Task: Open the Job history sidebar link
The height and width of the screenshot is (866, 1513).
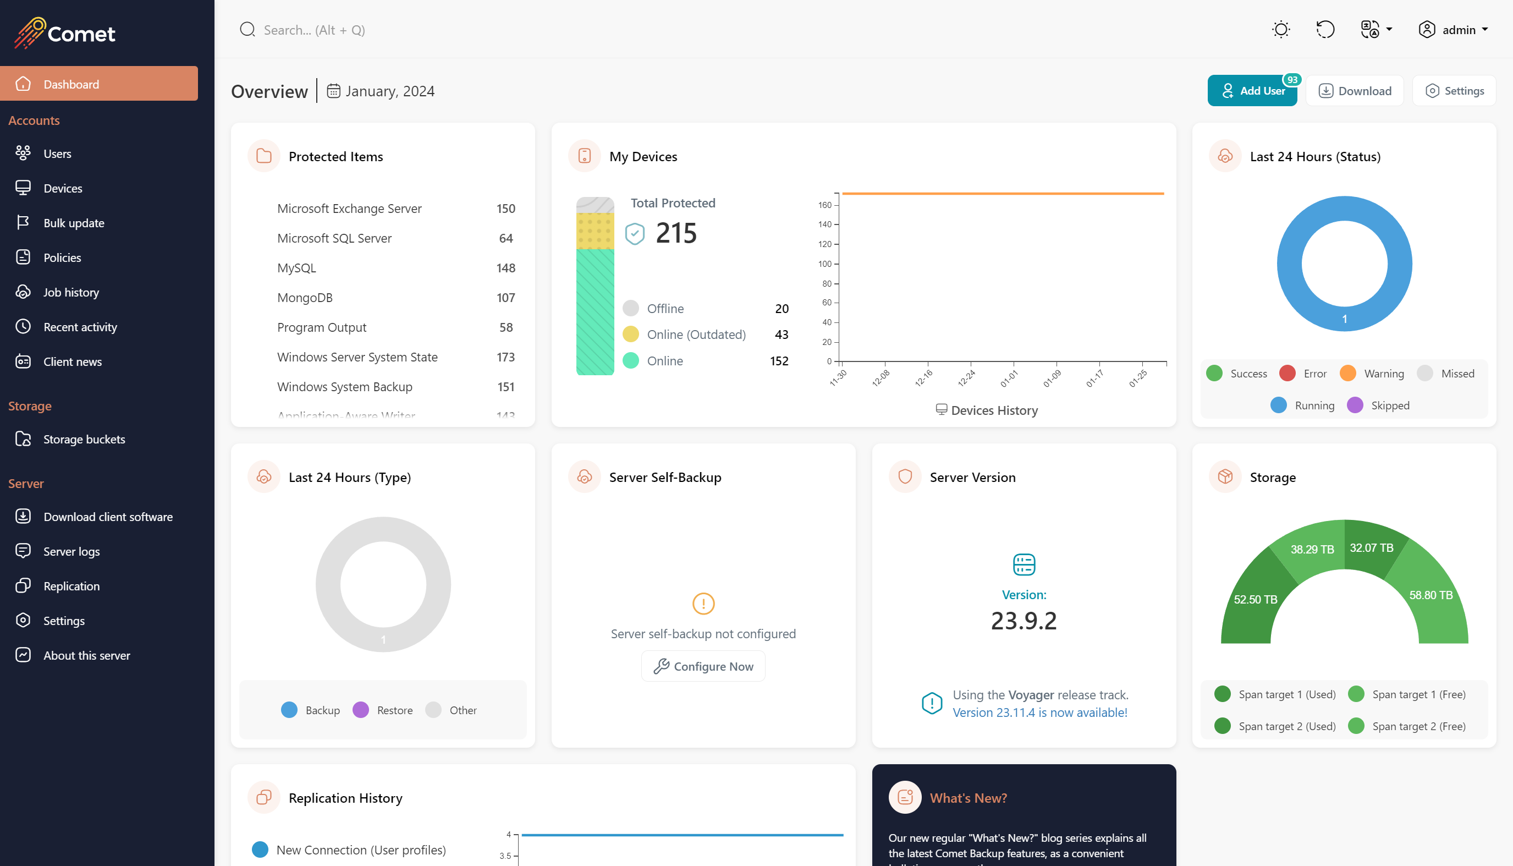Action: point(71,292)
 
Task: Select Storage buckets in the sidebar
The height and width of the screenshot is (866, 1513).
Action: point(84,439)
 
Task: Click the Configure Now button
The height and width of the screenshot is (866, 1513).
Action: point(703,666)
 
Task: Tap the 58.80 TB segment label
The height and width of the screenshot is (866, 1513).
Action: point(1431,595)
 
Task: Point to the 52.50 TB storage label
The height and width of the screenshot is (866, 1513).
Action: point(1255,600)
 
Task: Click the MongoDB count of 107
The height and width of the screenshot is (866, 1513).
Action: point(505,298)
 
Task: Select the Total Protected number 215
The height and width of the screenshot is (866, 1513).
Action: point(676,233)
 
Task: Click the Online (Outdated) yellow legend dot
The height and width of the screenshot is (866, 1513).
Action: point(630,335)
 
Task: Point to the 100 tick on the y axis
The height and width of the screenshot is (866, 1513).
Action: point(825,264)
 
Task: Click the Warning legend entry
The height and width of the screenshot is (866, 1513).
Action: point(1383,374)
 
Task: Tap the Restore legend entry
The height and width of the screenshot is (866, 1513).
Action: point(394,710)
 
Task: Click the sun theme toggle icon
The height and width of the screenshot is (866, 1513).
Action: point(1280,30)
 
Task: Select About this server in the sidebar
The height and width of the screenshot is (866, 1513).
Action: point(86,655)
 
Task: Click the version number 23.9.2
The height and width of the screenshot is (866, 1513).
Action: point(1023,621)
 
